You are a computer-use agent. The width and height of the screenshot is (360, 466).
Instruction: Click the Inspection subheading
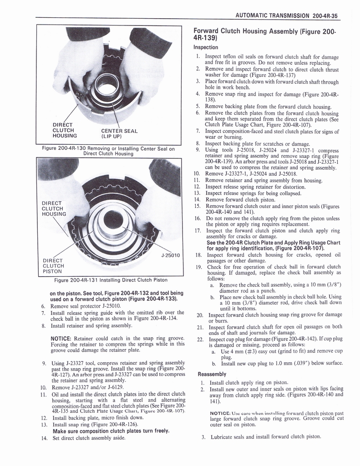tap(206, 47)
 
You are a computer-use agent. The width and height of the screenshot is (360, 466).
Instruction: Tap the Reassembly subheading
tap(212, 374)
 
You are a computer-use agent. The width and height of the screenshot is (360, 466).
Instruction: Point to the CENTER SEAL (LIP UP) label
tap(119, 133)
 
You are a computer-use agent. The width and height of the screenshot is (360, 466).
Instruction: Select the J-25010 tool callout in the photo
tap(171, 255)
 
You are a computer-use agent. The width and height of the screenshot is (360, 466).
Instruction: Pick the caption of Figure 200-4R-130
tap(108, 151)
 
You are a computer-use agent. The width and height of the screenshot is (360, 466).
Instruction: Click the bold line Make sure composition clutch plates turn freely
tap(112, 431)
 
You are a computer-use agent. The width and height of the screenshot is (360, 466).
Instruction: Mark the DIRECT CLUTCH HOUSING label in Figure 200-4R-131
tap(53, 208)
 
